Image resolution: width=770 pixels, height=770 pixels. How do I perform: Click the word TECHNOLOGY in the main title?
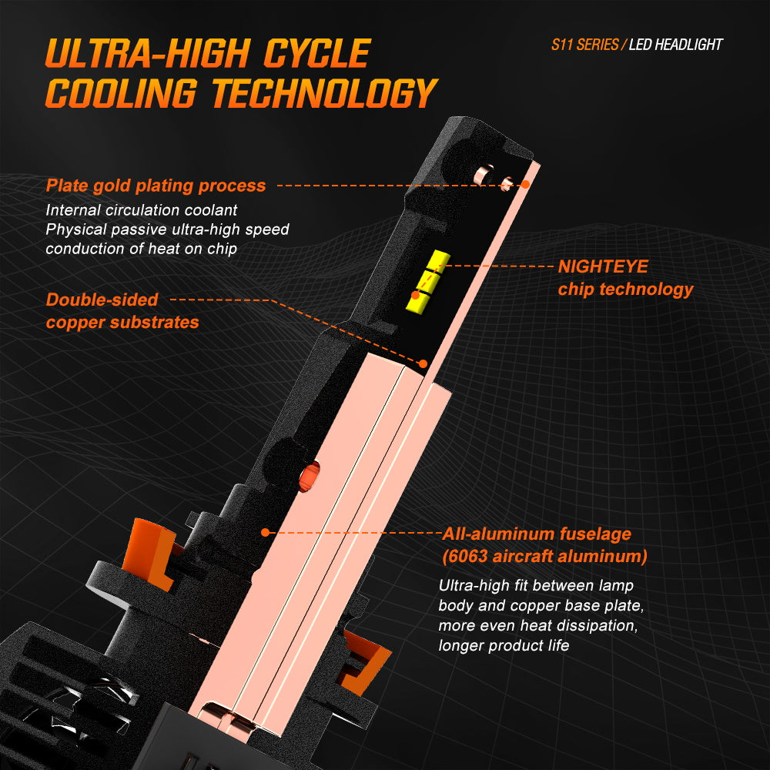(325, 93)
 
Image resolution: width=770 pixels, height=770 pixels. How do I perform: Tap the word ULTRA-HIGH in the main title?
(148, 53)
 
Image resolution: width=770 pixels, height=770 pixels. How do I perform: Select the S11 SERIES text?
(584, 45)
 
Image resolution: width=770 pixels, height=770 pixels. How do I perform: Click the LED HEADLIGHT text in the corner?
(676, 45)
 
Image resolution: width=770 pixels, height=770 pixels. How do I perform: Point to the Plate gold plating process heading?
(156, 186)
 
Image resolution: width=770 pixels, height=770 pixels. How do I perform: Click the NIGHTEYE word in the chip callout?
(603, 266)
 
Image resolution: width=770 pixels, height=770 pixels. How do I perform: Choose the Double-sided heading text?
(102, 300)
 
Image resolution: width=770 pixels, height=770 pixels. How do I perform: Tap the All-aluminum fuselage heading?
(537, 534)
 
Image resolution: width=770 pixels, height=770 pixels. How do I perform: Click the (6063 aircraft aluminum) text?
(544, 556)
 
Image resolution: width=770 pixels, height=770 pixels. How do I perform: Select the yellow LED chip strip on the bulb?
(427, 281)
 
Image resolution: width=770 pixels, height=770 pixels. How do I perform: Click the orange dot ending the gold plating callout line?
(525, 185)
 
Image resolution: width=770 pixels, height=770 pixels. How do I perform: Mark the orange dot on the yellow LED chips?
(416, 295)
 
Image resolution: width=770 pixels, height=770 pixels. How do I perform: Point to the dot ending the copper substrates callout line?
(423, 364)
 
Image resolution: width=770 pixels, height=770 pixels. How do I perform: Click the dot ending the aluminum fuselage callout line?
(265, 532)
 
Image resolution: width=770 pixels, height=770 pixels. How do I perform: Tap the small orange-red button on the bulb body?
(310, 476)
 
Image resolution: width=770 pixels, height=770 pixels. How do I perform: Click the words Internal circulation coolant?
(142, 210)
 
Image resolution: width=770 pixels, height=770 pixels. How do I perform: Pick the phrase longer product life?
(504, 645)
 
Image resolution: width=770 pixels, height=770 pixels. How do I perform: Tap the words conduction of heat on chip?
(142, 249)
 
